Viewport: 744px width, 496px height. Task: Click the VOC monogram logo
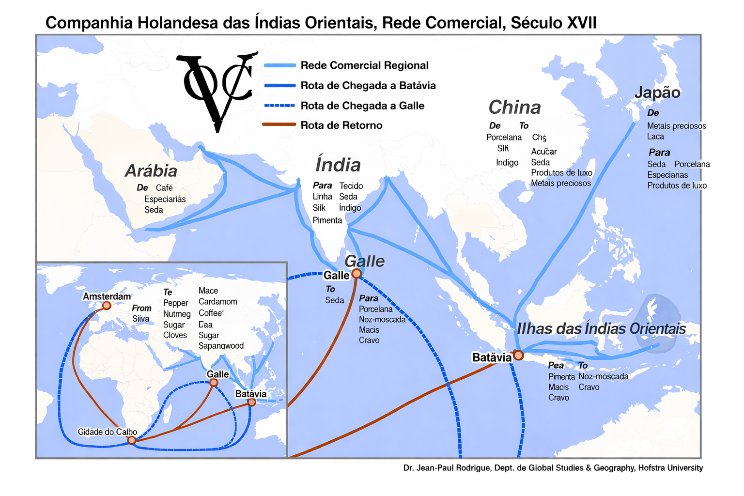coord(216,90)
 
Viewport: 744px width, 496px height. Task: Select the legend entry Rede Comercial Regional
coord(364,65)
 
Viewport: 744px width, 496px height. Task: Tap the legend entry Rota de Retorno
coord(341,125)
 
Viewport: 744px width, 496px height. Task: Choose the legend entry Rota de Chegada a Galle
coord(362,106)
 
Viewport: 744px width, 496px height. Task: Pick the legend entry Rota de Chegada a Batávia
coord(368,86)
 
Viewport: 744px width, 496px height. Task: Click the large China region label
coord(514,107)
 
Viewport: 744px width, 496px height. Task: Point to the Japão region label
coord(657,93)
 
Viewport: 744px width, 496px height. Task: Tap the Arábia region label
coord(151,170)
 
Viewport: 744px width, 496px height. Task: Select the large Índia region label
coord(338,165)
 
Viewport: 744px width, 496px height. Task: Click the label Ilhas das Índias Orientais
coord(601,328)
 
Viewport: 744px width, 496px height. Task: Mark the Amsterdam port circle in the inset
coord(107,306)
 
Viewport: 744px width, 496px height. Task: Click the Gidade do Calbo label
coord(107,432)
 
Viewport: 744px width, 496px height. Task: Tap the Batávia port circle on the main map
coord(519,356)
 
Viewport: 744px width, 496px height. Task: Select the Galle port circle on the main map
coord(356,274)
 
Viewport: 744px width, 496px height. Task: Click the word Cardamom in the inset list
coord(218,301)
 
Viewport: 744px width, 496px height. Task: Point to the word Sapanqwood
coord(221,346)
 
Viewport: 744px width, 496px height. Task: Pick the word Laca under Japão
coord(655,137)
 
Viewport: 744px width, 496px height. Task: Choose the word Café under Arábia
coord(164,188)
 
